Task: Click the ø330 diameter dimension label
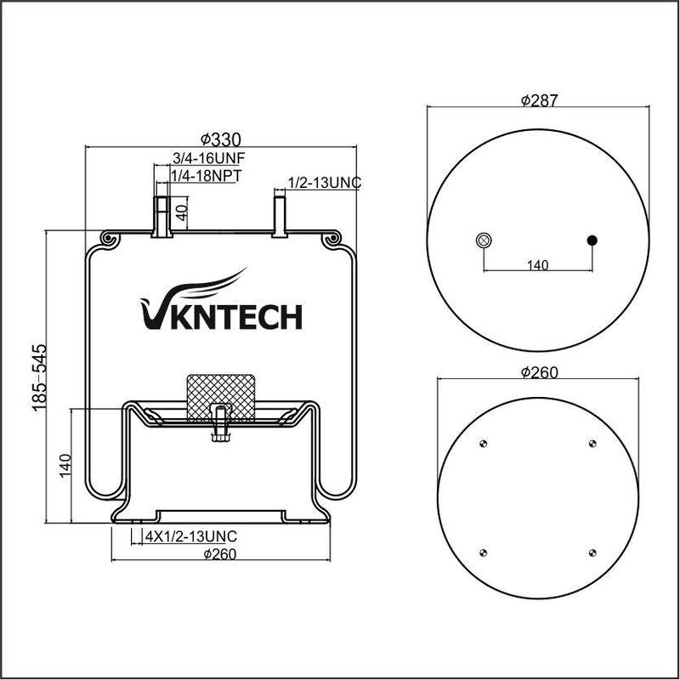[220, 139]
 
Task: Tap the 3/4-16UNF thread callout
[209, 158]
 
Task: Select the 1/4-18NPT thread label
[206, 176]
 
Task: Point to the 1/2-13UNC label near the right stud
[325, 183]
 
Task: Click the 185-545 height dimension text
[39, 377]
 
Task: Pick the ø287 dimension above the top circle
[539, 100]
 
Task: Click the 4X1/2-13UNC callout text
[190, 536]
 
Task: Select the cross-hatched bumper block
[221, 398]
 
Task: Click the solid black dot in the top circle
[592, 241]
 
